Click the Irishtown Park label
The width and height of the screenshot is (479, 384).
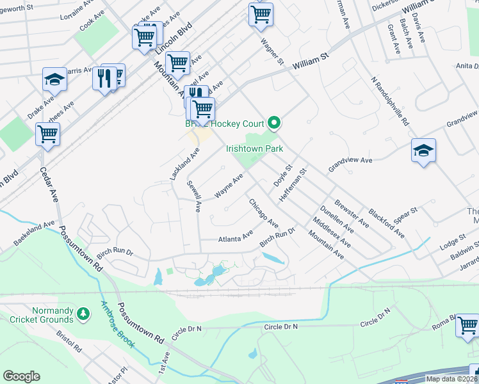click(x=254, y=148)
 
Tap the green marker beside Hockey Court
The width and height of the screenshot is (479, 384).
click(x=275, y=122)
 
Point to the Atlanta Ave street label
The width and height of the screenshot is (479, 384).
click(x=235, y=239)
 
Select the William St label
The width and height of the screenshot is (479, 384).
click(x=311, y=61)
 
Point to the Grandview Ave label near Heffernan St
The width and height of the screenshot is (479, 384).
click(x=350, y=163)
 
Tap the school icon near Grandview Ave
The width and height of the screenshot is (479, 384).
click(x=423, y=151)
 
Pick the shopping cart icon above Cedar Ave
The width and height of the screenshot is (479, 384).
click(x=48, y=134)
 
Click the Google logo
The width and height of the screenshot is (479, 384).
click(x=21, y=376)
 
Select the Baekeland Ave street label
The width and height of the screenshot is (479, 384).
click(x=35, y=234)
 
